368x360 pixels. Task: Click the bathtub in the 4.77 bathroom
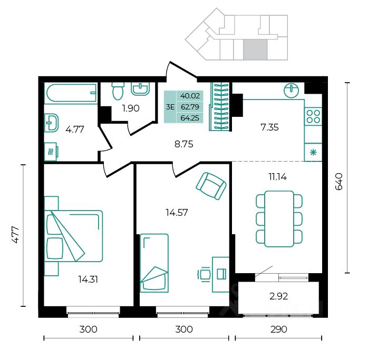pos(71,93)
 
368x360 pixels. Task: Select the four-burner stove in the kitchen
pos(313,116)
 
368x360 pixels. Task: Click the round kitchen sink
pos(291,89)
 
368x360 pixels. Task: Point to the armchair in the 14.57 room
pos(211,186)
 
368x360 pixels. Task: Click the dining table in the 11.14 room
pos(279,219)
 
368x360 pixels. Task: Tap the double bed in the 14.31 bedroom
pos(73,236)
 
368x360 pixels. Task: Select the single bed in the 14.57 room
pos(154,263)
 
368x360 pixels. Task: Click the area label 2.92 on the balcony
pos(278,296)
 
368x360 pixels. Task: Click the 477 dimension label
pos(15,235)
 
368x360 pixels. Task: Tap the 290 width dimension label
pos(278,329)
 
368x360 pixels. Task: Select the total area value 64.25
pos(190,118)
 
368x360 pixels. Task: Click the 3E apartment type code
pos(170,107)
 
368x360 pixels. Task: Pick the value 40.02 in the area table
pos(190,96)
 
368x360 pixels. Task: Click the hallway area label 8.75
pos(184,144)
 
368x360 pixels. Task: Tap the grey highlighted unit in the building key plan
pos(255,49)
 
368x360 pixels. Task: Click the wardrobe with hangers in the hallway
pos(219,106)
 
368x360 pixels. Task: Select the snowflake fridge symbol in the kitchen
pos(313,153)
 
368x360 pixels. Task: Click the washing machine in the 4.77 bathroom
pos(51,152)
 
